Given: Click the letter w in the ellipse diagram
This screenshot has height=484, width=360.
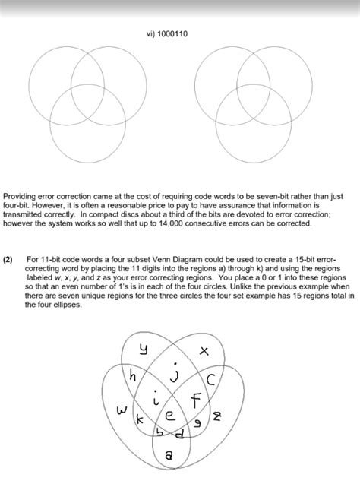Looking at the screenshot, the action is click(121, 411).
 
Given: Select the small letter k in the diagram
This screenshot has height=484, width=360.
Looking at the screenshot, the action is click(138, 419).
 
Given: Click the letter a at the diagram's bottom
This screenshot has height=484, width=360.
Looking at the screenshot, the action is click(169, 455).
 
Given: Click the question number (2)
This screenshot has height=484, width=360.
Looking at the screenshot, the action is click(8, 259).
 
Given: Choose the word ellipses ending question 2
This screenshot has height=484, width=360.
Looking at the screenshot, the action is click(64, 304).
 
